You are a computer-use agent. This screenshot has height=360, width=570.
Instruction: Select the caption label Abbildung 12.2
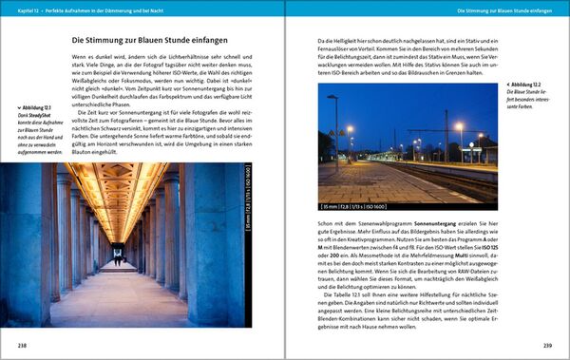(522, 85)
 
